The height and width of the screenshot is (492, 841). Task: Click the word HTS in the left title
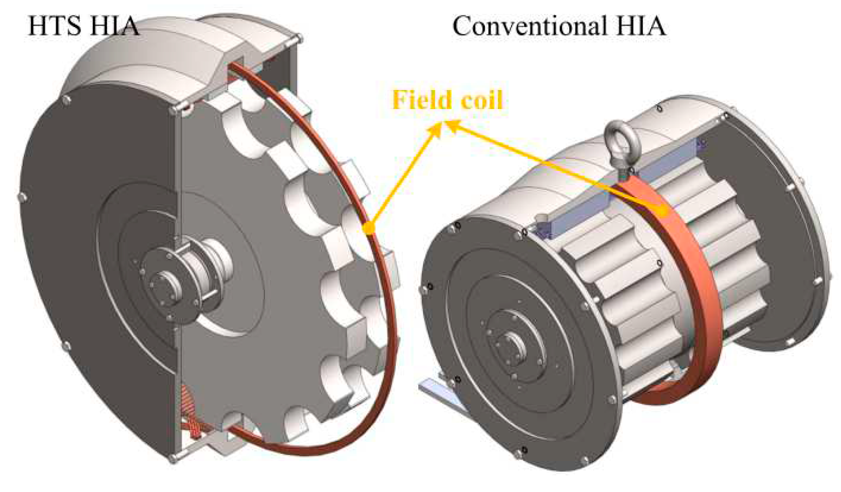pos(54,26)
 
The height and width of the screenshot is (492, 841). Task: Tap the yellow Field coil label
pos(447,100)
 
